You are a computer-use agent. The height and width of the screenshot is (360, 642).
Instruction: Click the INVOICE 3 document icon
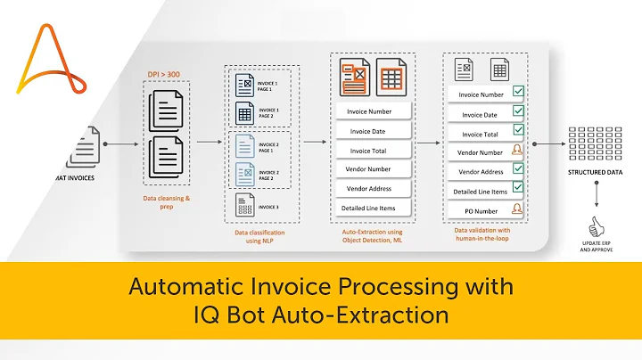click(244, 206)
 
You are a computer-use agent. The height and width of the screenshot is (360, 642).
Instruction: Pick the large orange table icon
click(391, 74)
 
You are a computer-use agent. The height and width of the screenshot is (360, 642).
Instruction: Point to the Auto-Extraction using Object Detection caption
click(372, 236)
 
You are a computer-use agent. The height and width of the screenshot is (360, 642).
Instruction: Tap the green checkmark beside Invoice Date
click(518, 113)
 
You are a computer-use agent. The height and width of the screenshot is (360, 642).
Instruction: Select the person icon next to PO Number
click(517, 209)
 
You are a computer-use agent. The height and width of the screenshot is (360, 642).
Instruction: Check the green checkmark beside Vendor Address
click(518, 170)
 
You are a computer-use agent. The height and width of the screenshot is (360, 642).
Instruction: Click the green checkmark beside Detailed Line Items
click(518, 189)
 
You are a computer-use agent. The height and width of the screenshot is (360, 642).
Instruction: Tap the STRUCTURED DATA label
click(596, 174)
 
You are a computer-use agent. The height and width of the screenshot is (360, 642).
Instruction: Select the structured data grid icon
click(595, 143)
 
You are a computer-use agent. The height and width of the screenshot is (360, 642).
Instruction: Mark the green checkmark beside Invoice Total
click(518, 132)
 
